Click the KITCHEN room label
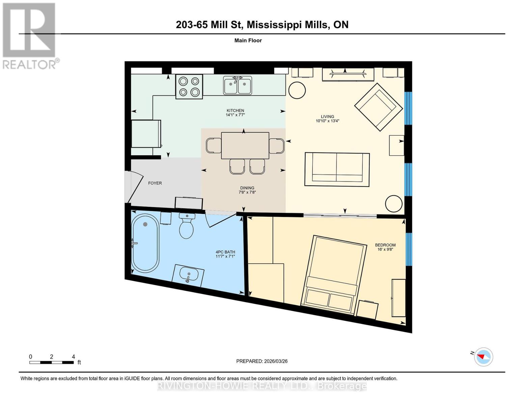235,110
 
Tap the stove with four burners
189,87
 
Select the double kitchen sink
238,85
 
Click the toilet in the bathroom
186,226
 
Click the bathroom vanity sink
188,275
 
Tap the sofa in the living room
337,169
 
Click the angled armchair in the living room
378,107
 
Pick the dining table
245,145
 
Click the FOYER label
155,183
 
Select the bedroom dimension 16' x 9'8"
385,249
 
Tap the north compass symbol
483,357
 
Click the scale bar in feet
51,362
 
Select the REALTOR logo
30,35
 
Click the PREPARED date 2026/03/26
261,361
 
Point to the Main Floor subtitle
248,40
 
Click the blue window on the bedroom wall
409,249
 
